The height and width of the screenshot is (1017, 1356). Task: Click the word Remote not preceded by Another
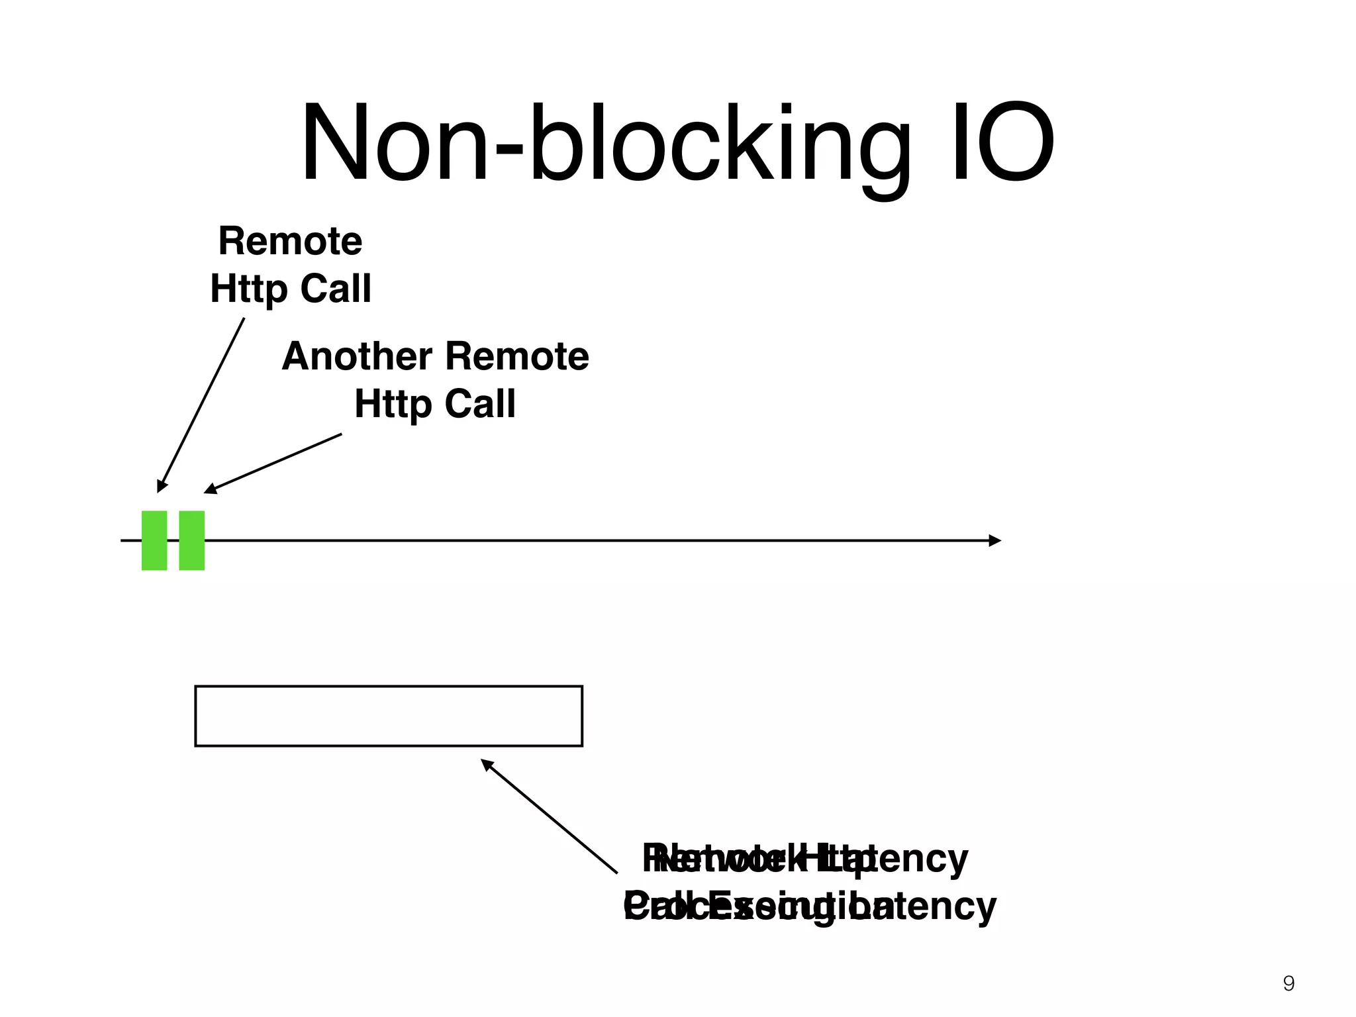(x=290, y=241)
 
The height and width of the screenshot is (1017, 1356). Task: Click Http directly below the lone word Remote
(x=248, y=289)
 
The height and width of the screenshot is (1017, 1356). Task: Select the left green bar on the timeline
(x=154, y=540)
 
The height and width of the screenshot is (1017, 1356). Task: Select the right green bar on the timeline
(x=192, y=540)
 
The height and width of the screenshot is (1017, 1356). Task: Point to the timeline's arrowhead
(x=994, y=540)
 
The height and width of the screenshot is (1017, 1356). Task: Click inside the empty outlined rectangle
(x=389, y=716)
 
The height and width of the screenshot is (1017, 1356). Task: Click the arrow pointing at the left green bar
(x=201, y=405)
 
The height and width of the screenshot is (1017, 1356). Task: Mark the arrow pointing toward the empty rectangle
(x=550, y=816)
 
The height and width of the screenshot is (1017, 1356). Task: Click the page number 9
(x=1288, y=983)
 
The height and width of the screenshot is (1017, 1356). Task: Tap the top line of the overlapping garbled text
(x=805, y=859)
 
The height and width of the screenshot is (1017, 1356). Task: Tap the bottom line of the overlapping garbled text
(x=809, y=906)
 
